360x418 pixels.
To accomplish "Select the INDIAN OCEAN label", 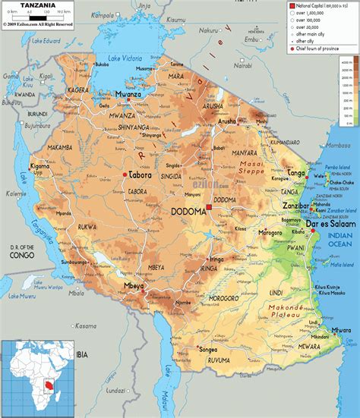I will pos(339,223).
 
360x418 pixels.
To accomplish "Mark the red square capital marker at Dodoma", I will pos(209,206).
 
